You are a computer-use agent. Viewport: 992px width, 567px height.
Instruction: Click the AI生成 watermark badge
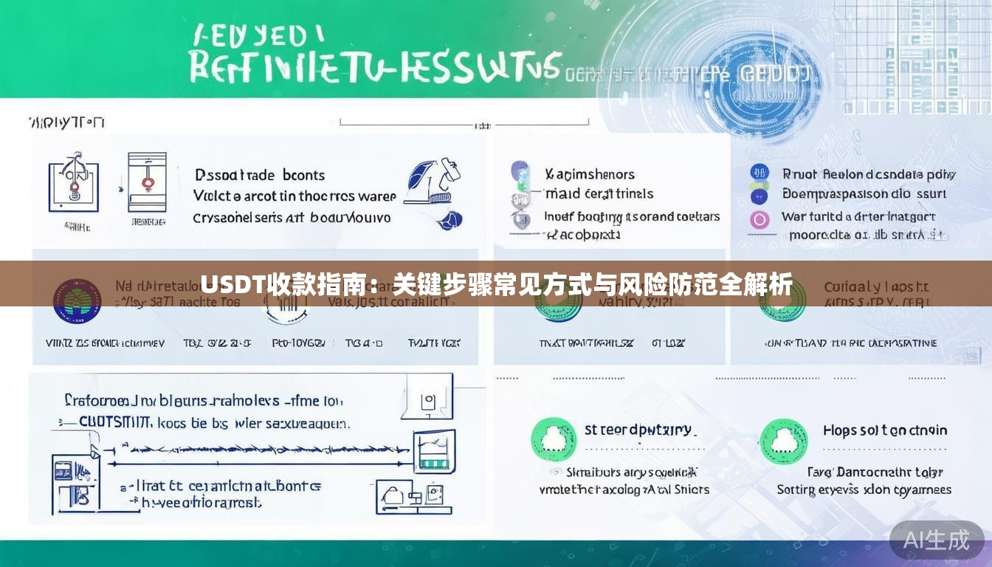coord(936,540)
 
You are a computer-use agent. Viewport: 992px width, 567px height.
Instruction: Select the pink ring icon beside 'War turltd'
coord(759,219)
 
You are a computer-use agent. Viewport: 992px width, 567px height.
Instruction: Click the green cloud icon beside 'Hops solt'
coord(783,441)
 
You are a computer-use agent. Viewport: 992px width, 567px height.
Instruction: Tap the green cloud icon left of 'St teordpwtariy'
coord(554,441)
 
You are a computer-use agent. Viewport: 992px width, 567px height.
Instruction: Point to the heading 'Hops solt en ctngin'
coord(884,430)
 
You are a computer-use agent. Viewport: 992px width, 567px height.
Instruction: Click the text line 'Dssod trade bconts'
coord(260,175)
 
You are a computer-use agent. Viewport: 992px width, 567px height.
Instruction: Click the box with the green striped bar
coord(434,452)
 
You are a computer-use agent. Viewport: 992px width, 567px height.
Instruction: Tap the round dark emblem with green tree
coord(77,300)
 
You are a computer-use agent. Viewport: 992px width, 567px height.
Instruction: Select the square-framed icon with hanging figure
coord(73,182)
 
